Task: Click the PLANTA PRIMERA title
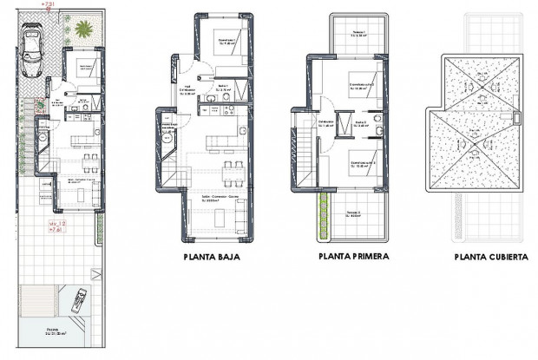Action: [x=353, y=257]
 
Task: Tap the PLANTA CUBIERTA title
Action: [x=491, y=258]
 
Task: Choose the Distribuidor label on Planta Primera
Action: [x=325, y=122]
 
